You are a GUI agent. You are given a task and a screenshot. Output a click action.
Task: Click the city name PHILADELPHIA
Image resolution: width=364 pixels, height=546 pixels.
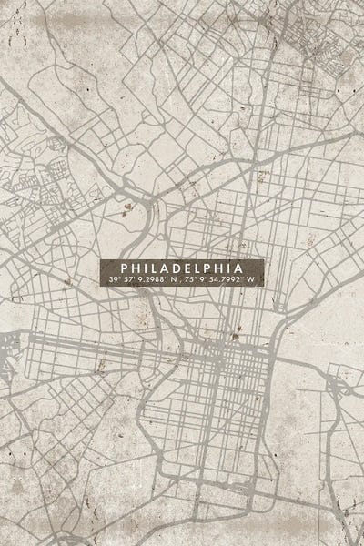182,268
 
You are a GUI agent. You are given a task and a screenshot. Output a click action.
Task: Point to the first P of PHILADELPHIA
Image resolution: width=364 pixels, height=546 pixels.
125,268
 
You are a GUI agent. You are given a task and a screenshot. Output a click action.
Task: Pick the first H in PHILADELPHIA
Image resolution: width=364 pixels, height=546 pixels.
136,268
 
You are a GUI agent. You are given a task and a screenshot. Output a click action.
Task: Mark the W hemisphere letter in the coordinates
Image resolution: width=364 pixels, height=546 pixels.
255,279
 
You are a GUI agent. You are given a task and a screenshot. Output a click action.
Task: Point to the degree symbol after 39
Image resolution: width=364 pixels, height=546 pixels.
116,277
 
